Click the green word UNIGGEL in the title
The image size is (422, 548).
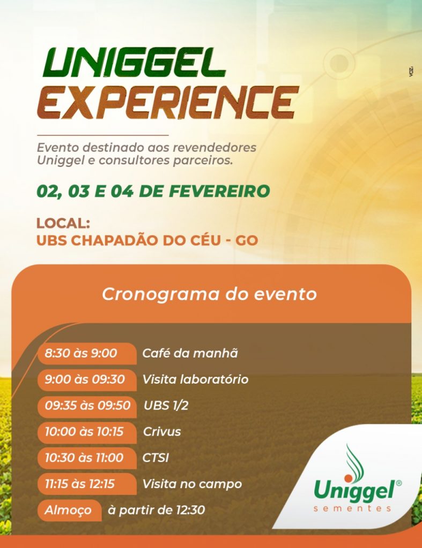[134, 63]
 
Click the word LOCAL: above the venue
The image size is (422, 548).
[63, 223]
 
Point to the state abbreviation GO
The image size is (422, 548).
[247, 240]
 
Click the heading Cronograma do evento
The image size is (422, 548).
[210, 294]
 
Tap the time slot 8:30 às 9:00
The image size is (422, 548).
[80, 353]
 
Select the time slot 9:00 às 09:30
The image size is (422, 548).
[85, 379]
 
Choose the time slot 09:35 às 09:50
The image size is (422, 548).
[87, 406]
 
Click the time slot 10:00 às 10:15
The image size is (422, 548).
[84, 432]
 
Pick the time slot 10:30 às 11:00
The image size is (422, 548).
[84, 458]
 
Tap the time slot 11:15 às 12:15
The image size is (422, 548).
[80, 484]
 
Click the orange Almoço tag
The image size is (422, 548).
[69, 510]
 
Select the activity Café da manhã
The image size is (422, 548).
[190, 353]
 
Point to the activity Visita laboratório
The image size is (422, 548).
[195, 379]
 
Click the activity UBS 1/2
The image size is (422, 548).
[166, 406]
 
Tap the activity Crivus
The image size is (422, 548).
[162, 432]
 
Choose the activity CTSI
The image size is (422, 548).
[156, 458]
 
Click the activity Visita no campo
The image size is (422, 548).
[193, 484]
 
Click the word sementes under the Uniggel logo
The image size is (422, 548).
[352, 508]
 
